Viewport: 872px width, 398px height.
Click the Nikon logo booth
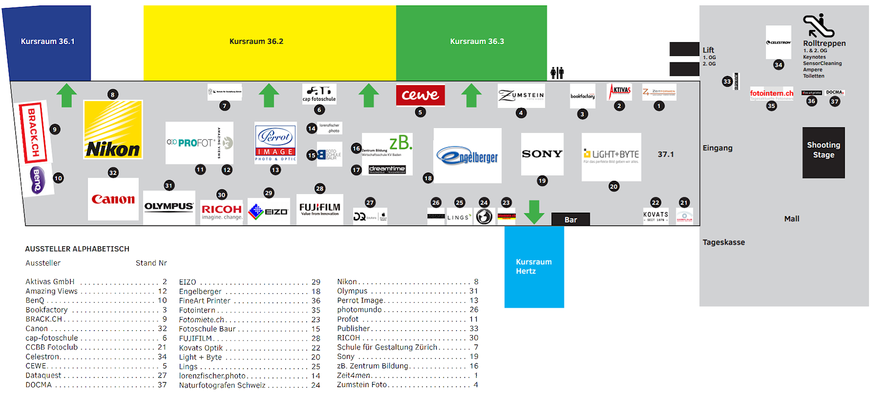click(113, 129)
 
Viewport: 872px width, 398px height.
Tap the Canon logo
click(113, 199)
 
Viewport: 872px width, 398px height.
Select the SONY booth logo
click(542, 154)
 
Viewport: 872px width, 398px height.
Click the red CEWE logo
click(420, 95)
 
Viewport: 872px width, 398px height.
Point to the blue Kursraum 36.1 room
click(48, 42)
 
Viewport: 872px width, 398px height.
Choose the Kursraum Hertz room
click(534, 267)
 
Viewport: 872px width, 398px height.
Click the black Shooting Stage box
click(823, 152)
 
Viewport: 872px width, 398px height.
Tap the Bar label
click(571, 220)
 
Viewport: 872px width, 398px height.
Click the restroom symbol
click(557, 73)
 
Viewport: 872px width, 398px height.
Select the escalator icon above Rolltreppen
click(818, 26)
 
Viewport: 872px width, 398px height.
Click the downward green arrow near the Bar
click(534, 212)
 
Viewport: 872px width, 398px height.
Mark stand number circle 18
click(428, 178)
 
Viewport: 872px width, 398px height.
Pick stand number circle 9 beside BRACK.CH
click(55, 129)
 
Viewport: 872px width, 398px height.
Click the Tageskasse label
click(723, 242)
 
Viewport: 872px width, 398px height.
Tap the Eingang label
click(717, 148)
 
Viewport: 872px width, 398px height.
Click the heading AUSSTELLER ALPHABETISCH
click(77, 249)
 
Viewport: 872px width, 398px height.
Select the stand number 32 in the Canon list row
click(163, 329)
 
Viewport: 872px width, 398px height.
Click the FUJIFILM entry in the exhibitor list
click(195, 338)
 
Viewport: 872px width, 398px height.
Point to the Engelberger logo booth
click(467, 156)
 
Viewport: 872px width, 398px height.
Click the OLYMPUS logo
click(169, 207)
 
